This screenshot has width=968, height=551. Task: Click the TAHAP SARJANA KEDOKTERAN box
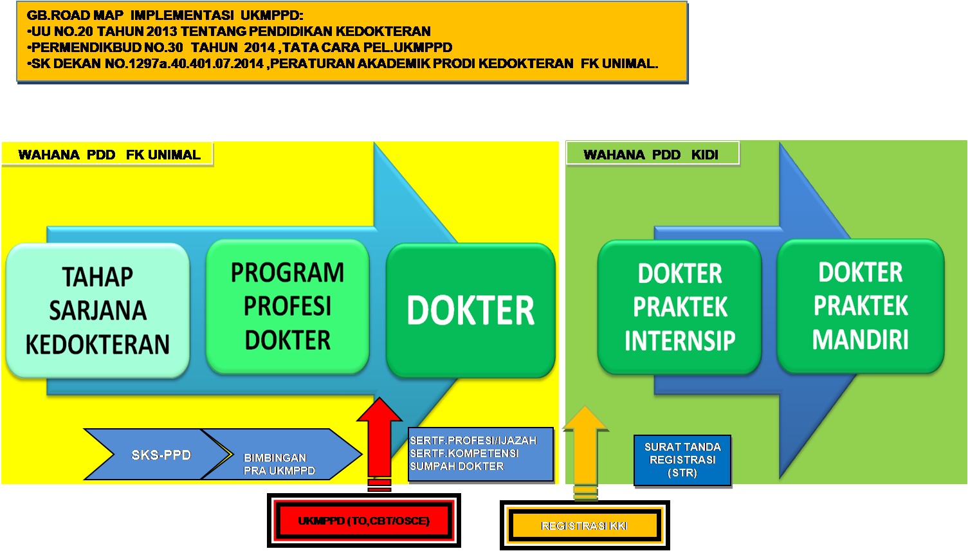coord(98,311)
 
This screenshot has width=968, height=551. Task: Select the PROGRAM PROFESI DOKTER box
coord(288,307)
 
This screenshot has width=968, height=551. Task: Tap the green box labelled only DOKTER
coord(470,311)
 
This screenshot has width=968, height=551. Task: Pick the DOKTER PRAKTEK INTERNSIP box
coord(680,307)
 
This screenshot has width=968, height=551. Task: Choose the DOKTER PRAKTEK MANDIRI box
coord(861,306)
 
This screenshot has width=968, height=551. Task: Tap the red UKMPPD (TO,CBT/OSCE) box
coord(363,521)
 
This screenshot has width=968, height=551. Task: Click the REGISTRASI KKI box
coord(584,526)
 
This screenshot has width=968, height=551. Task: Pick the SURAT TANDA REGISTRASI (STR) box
coord(682,460)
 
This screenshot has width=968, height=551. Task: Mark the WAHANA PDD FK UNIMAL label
coord(107,154)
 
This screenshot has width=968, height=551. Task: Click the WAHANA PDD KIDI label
coord(651,154)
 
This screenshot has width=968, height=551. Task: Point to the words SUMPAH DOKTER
coord(457,466)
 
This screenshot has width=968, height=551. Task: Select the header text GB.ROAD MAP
coord(75,15)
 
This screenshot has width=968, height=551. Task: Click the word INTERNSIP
coord(680,341)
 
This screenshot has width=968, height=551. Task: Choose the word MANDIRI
coord(861,339)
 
